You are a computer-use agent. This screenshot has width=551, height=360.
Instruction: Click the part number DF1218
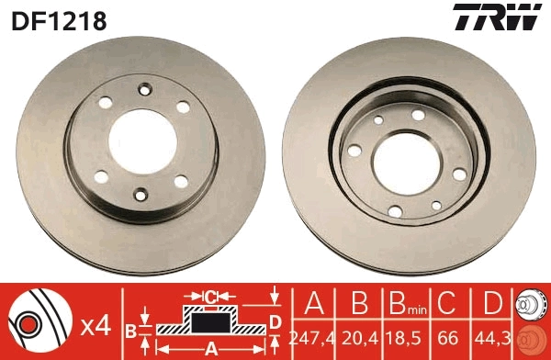58,19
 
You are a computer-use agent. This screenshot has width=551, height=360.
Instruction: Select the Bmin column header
400,305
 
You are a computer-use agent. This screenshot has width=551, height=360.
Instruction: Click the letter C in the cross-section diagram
209,296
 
